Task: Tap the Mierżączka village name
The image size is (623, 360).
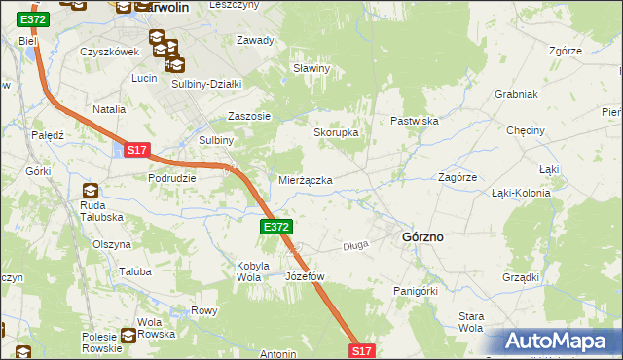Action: [x=306, y=181]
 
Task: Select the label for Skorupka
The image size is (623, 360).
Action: [x=336, y=132]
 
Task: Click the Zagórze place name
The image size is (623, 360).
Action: [x=457, y=178]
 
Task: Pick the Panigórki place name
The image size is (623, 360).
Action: [x=416, y=290]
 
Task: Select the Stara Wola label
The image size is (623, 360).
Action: [x=470, y=322]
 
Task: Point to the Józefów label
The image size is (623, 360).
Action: [x=305, y=276]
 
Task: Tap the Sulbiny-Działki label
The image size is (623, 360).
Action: [x=205, y=84]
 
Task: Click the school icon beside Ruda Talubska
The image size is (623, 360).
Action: [x=91, y=191]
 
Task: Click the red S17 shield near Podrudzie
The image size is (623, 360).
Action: [x=136, y=150]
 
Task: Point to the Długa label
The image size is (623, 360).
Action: [x=355, y=246]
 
